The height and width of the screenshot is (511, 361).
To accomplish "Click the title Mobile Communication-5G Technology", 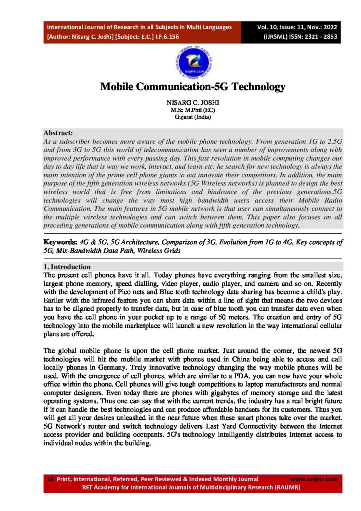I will click(x=192, y=87).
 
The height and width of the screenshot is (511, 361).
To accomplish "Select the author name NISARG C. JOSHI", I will click(x=192, y=102).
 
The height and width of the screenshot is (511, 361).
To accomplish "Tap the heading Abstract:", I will click(x=58, y=133).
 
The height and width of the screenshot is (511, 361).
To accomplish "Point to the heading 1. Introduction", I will click(x=67, y=267).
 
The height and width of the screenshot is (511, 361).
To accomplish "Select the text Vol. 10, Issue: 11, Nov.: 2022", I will click(x=297, y=27).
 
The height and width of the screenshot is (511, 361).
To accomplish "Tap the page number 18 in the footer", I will click(x=50, y=479).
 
